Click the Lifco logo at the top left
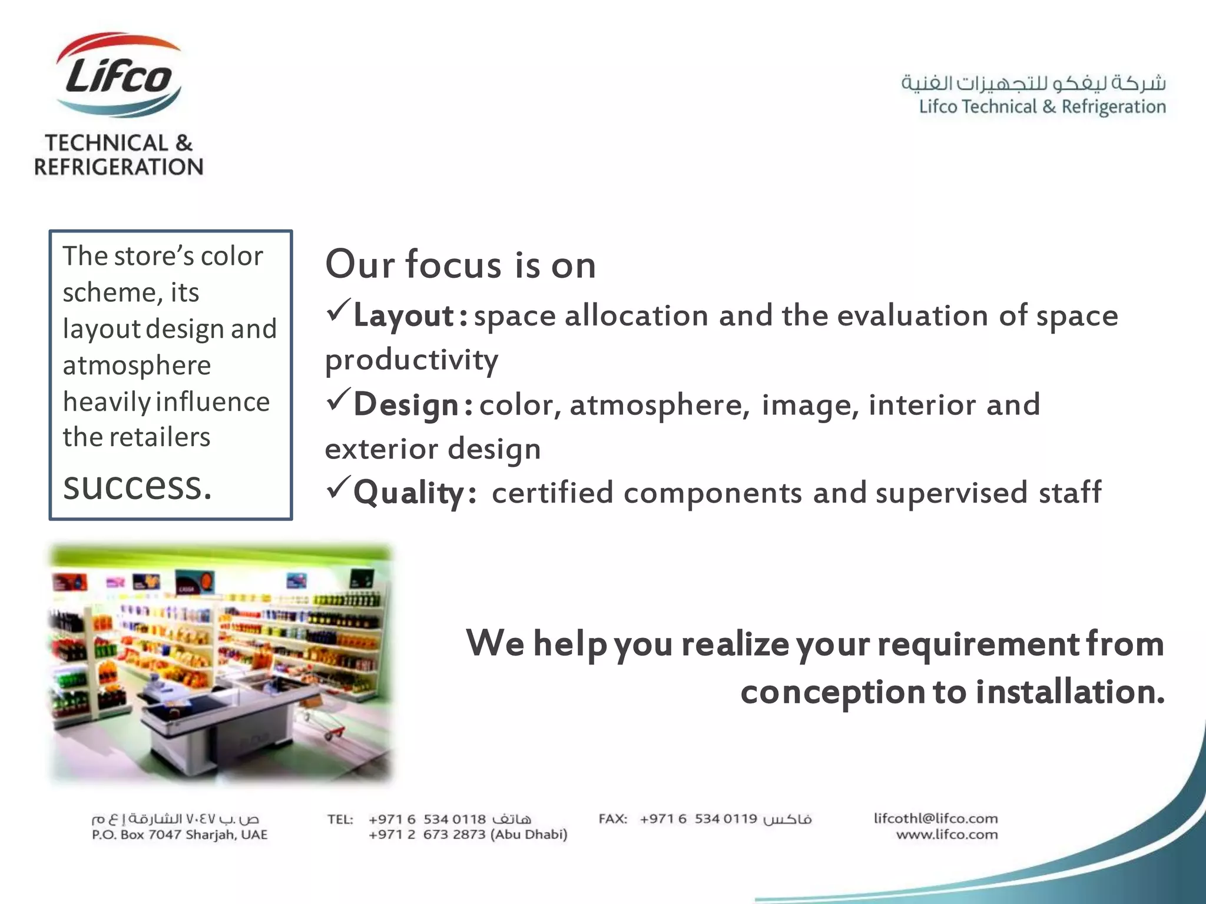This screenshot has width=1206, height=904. [x=118, y=75]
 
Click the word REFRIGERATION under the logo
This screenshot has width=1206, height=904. [x=118, y=167]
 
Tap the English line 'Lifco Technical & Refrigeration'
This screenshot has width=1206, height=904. [x=1042, y=107]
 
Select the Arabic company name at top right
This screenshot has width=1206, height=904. [x=1033, y=83]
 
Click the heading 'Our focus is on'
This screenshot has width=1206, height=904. [x=460, y=264]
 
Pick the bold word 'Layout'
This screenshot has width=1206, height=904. [x=403, y=316]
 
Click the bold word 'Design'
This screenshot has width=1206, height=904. [x=406, y=405]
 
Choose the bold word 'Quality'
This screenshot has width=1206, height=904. [x=409, y=493]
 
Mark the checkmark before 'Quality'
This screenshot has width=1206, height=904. [x=338, y=487]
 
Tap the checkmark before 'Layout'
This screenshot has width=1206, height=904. [x=338, y=310]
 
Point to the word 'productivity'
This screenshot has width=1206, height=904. [x=412, y=360]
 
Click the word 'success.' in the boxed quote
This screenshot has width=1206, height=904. [x=137, y=487]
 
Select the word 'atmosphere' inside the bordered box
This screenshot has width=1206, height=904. [x=137, y=365]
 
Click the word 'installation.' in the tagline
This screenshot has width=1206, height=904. [x=1069, y=692]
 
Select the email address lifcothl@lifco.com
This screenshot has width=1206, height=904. [x=935, y=818]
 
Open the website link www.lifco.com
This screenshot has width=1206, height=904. [x=946, y=835]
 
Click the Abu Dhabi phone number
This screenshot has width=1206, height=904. [x=468, y=835]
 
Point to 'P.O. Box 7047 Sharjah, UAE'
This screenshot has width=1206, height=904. [x=180, y=835]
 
